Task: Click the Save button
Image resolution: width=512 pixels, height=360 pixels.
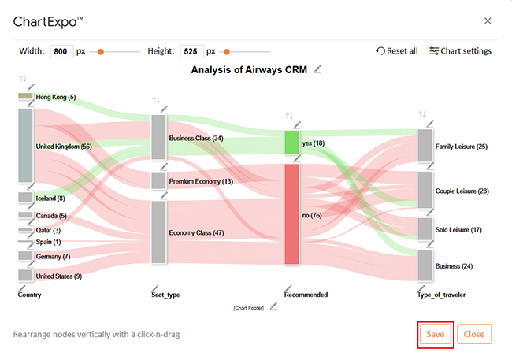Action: click(x=436, y=333)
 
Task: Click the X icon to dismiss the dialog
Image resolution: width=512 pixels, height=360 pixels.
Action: click(x=488, y=21)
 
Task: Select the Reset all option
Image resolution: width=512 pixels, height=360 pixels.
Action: click(x=397, y=51)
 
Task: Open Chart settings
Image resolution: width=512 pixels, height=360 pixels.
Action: click(x=460, y=51)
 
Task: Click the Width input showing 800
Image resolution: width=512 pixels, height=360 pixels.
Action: click(x=61, y=51)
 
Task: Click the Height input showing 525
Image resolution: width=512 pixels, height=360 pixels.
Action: click(x=191, y=51)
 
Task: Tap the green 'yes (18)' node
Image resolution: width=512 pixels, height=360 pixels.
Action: click(x=291, y=143)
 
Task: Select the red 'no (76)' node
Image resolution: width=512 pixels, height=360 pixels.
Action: click(x=291, y=214)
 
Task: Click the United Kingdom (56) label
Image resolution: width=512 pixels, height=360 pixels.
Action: click(x=64, y=147)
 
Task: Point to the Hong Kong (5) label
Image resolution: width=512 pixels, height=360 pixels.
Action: click(x=56, y=97)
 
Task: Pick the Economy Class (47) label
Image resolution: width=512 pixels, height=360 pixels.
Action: click(x=196, y=233)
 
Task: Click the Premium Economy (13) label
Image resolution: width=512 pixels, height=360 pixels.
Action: click(x=201, y=181)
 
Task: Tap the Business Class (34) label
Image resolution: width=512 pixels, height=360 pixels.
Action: click(x=196, y=139)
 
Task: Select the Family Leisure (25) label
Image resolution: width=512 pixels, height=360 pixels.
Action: click(x=462, y=147)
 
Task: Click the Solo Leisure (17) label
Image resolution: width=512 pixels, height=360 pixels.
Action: click(x=458, y=229)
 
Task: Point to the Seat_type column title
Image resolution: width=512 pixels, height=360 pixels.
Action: click(x=165, y=295)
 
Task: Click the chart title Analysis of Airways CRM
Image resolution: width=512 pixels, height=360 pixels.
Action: click(x=249, y=69)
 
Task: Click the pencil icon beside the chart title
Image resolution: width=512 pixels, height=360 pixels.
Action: click(x=317, y=69)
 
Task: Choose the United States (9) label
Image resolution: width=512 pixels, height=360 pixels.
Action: click(x=59, y=276)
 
